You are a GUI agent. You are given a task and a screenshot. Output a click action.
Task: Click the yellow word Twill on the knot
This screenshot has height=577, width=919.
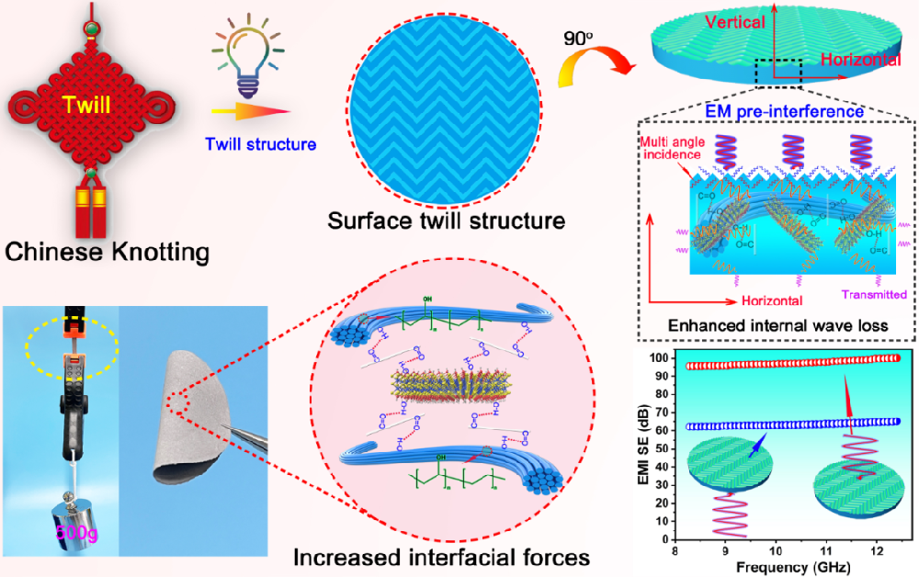tap(86, 107)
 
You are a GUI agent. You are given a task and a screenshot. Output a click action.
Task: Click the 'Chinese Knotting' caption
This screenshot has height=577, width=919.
tap(106, 250)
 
